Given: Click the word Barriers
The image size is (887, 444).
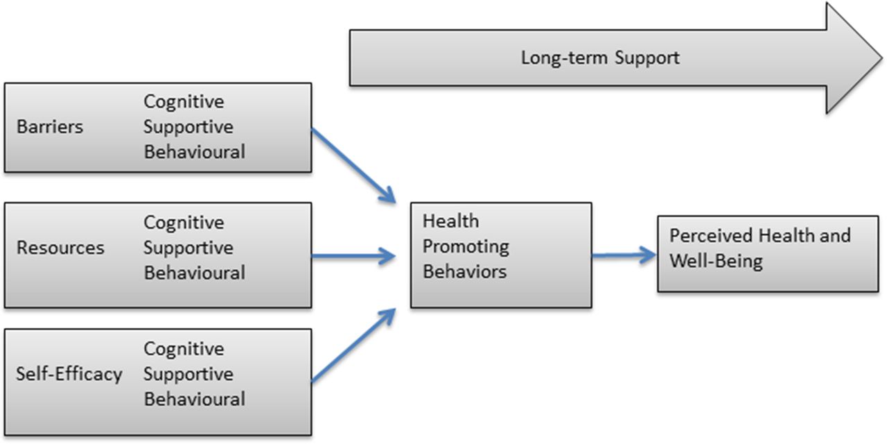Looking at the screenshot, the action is pyautogui.click(x=50, y=127).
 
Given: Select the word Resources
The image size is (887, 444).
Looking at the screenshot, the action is pyautogui.click(x=60, y=248).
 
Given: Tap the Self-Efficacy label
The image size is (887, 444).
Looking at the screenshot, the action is pyautogui.click(x=69, y=374).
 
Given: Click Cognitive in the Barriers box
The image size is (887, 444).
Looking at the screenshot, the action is pyautogui.click(x=184, y=102).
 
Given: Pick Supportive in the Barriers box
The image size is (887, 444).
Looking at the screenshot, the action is pyautogui.click(x=188, y=128).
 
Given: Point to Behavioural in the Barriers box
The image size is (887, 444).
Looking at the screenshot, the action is pyautogui.click(x=195, y=152).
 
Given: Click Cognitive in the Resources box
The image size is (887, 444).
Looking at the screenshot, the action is pyautogui.click(x=184, y=223).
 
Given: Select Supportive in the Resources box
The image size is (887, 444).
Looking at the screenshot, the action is pyautogui.click(x=188, y=248).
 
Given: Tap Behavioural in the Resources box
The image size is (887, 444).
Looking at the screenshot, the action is pyautogui.click(x=195, y=273).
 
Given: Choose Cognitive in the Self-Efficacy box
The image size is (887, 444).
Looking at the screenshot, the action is pyautogui.click(x=184, y=350).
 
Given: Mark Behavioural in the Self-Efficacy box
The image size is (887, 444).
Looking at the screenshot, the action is pyautogui.click(x=195, y=399).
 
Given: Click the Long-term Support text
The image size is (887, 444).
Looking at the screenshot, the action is pyautogui.click(x=600, y=58).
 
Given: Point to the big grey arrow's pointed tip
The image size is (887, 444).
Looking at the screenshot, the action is pyautogui.click(x=882, y=58).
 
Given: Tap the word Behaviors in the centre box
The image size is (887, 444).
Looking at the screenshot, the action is pyautogui.click(x=464, y=271).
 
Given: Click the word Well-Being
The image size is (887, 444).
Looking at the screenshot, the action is pyautogui.click(x=716, y=262).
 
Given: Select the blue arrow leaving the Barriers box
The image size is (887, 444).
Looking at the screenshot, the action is pyautogui.click(x=353, y=166).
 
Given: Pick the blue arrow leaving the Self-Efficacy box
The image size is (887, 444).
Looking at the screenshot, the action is pyautogui.click(x=353, y=345).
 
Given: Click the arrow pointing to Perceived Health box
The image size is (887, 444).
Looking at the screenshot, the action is pyautogui.click(x=624, y=255).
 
